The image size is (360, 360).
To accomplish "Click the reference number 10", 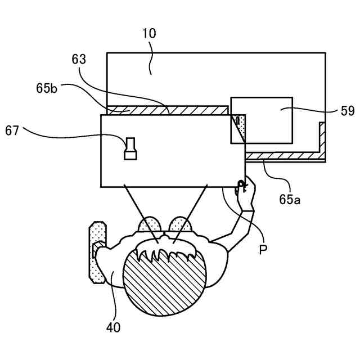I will point(149,34).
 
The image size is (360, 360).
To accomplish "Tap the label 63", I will point(80,58).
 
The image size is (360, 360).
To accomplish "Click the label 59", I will point(347,111).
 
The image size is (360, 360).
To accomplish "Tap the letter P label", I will point(262,249).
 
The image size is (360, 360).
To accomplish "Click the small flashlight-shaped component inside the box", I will point(130,148).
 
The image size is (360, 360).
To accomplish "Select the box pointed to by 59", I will point(262,119).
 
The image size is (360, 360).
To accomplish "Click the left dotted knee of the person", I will point(150,224).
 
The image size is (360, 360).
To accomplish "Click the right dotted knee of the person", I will point(181,224).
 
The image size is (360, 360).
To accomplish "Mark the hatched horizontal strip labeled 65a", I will point(281,155).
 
